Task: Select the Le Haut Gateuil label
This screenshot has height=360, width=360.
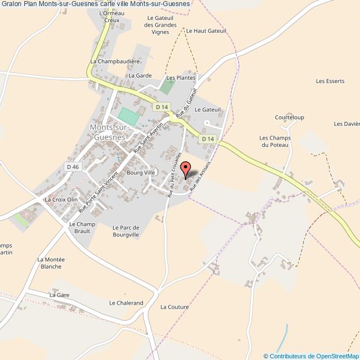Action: pyautogui.click(x=206, y=31)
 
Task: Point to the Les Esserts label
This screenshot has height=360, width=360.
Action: pyautogui.click(x=330, y=81)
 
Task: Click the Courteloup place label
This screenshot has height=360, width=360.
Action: pyautogui.click(x=289, y=117)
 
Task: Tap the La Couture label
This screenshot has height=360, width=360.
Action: pyautogui.click(x=174, y=307)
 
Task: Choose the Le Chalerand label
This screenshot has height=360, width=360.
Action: pyautogui.click(x=126, y=303)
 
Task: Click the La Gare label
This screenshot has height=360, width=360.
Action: pyautogui.click(x=59, y=295)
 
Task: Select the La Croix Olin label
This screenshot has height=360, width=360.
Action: pyautogui.click(x=61, y=199)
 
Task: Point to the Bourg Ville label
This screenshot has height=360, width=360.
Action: pyautogui.click(x=141, y=173)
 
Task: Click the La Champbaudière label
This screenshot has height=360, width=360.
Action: pyautogui.click(x=115, y=61)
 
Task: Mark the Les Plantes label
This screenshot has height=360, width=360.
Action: pyautogui.click(x=181, y=78)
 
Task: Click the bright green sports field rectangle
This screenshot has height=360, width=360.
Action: pyautogui.click(x=129, y=116)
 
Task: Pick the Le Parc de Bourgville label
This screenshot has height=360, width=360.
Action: pyautogui.click(x=125, y=231)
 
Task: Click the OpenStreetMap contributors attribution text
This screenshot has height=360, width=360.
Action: pyautogui.click(x=311, y=356)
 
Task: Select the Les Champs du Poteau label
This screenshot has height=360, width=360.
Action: pyautogui.click(x=275, y=141)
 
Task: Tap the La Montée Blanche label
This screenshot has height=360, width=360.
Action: pyautogui.click(x=51, y=263)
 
